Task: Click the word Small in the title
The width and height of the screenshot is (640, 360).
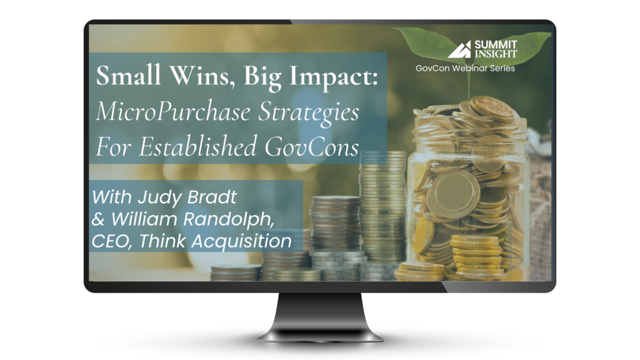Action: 129,76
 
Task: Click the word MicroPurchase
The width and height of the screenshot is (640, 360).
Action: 173,112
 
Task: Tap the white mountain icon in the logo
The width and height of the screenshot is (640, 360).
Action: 459,50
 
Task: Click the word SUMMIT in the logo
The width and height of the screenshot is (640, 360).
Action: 496,44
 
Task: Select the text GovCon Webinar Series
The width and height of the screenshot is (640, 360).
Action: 465,68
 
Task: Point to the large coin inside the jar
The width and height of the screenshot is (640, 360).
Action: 456,192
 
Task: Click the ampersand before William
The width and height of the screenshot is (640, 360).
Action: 98,219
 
